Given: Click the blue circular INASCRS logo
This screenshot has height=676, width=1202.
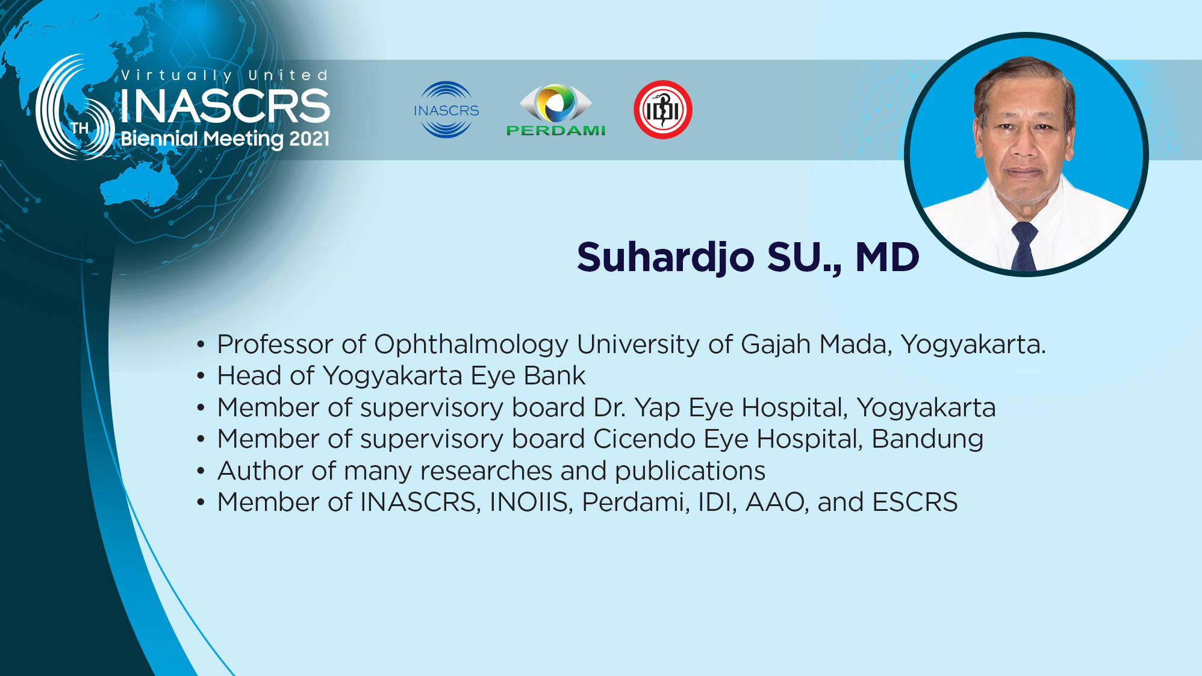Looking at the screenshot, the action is tap(446, 110).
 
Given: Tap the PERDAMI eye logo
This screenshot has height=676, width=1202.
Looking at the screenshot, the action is tap(556, 110).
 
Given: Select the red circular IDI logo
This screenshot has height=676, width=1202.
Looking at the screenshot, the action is tap(663, 110).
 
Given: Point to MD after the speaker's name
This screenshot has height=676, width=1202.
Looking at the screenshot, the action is tap(887, 257).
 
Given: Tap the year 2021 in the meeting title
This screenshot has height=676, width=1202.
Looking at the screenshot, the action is tap(310, 139).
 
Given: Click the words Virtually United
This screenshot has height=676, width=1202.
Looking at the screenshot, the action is tap(225, 75).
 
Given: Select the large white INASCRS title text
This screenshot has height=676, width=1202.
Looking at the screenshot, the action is tap(225, 106).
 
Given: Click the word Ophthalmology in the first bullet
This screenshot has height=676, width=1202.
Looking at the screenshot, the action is tap(471, 345).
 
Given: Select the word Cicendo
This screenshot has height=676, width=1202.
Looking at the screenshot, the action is tap(644, 439).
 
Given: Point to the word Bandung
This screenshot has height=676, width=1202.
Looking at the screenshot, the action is tap(927, 440).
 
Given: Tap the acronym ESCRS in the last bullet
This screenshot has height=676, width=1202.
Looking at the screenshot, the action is tap(915, 502).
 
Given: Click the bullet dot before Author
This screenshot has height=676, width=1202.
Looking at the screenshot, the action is tap(201, 471).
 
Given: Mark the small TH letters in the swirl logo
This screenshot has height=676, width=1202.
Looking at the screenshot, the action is tap(79, 128).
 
